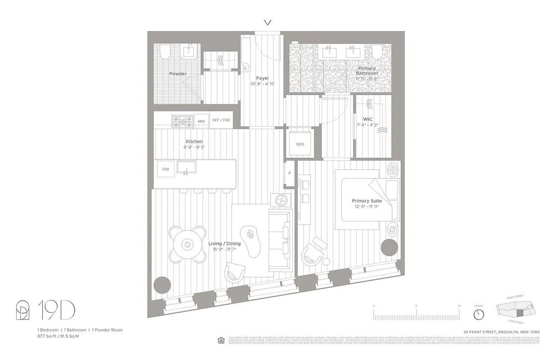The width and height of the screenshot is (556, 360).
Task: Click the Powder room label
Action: pos(178,74)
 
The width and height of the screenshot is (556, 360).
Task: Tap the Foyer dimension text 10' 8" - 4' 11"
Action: pos(262,84)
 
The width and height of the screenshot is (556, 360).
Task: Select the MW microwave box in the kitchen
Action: pos(201,121)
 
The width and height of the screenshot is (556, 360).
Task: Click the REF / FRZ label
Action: pos(221,120)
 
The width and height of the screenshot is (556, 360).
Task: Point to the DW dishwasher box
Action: pos(166,169)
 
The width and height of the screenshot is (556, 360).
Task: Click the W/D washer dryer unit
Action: pos(300,144)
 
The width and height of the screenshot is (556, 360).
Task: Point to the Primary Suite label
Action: pos(367,201)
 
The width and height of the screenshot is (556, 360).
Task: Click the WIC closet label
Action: pos(368,119)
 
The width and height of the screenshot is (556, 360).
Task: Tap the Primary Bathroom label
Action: pos(367,71)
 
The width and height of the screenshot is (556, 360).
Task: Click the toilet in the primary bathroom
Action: pos(377,52)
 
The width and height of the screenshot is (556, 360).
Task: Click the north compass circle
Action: pos(479,312)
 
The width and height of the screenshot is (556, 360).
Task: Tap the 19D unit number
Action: pos(56,311)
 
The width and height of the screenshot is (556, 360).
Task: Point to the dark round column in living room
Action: pos(162,285)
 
